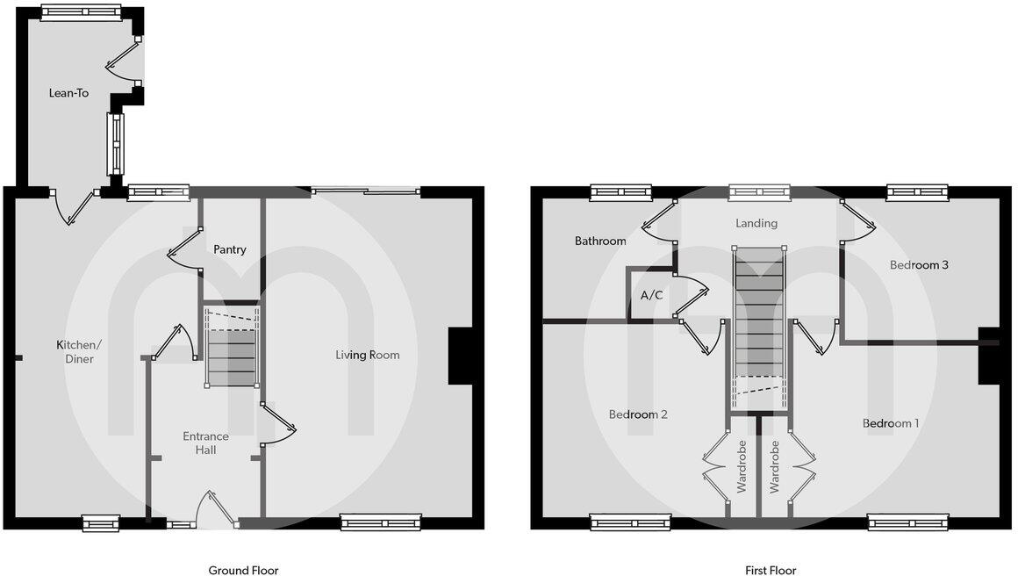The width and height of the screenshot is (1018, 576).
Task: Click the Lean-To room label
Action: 68,92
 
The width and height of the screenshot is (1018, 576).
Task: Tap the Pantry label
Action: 230,249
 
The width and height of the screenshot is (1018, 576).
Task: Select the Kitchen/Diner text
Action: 75,351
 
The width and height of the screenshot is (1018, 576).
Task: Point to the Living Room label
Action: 368,355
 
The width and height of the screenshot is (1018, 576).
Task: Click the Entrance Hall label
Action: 205,443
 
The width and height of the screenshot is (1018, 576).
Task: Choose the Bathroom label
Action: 600,241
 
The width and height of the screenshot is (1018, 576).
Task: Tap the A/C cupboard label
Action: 651,296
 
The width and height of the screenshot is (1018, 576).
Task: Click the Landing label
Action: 756,223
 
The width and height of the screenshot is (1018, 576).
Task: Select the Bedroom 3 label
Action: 919,264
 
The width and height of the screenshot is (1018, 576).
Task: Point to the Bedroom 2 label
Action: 638,414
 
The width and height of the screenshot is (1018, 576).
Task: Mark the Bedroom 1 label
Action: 891,423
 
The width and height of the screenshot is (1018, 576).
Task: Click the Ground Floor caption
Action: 243,571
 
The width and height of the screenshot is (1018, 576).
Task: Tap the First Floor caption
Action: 771,571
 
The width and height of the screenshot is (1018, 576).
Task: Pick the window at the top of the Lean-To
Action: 82,12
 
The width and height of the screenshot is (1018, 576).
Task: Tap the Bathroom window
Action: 620,192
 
